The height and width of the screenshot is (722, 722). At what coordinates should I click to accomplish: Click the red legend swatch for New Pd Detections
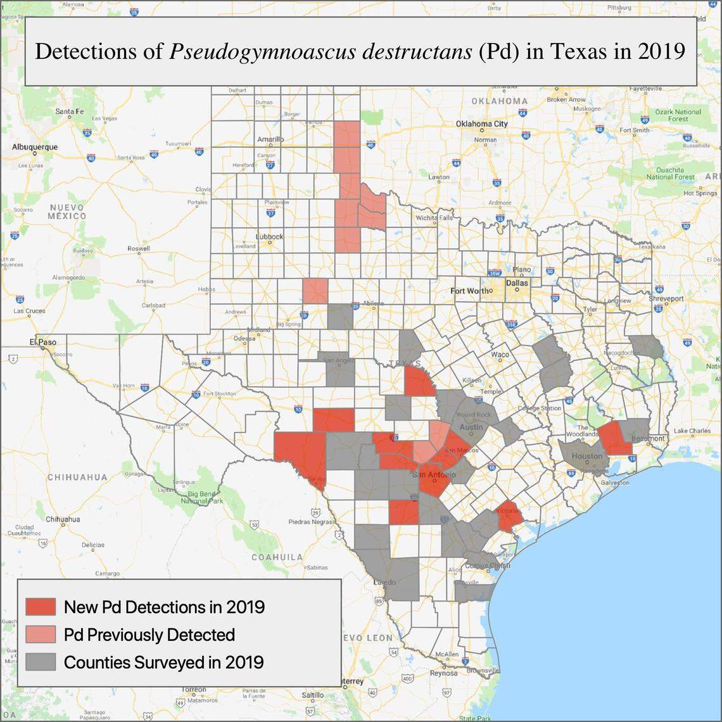pyautogui.click(x=41, y=606)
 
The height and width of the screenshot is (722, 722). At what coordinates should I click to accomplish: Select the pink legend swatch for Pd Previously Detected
pyautogui.click(x=41, y=634)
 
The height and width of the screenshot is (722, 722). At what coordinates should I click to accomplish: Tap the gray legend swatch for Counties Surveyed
pyautogui.click(x=41, y=662)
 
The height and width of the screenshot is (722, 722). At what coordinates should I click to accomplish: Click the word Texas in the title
pyautogui.click(x=578, y=51)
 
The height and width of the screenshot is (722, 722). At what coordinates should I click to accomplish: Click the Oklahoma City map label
pyautogui.click(x=481, y=123)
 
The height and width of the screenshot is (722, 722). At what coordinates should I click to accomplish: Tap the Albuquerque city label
pyautogui.click(x=34, y=147)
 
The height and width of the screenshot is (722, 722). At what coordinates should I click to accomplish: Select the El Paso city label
pyautogui.click(x=43, y=342)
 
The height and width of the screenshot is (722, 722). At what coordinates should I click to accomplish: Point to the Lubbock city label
pyautogui.click(x=270, y=237)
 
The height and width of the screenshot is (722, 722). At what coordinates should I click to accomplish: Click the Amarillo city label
pyautogui.click(x=270, y=139)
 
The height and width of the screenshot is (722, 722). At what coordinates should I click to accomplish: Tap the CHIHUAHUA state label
pyautogui.click(x=77, y=477)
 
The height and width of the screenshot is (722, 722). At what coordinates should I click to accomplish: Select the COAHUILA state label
pyautogui.click(x=277, y=557)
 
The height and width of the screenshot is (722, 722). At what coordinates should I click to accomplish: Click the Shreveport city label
pyautogui.click(x=666, y=298)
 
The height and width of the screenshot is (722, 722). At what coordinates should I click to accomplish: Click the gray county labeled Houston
pyautogui.click(x=586, y=457)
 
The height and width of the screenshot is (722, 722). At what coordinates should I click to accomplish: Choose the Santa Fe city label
pyautogui.click(x=69, y=111)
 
